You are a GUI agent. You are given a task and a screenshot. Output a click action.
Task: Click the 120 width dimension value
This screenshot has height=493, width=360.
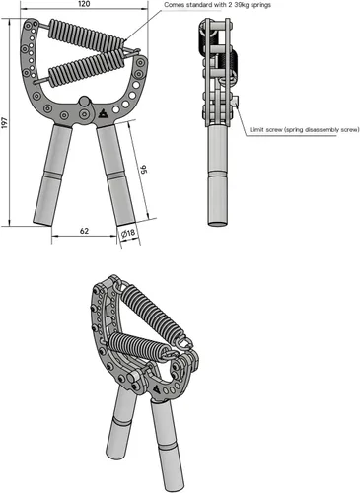click(84, 4)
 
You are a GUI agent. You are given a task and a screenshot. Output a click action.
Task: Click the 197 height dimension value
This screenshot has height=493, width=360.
click(4, 122)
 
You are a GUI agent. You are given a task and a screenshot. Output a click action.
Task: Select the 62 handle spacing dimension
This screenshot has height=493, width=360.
click(84, 231)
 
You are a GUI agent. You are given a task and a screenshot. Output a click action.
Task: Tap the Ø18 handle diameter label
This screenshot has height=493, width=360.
click(128, 233)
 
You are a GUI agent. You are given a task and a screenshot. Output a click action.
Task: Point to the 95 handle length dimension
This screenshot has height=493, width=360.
click(143, 170)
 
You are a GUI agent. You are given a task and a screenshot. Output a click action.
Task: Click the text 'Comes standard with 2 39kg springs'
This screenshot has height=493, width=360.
click(217, 5)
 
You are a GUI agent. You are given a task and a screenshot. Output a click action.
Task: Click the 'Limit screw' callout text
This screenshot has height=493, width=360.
click(304, 130)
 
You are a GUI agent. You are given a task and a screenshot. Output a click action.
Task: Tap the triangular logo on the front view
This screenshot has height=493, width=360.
click(103, 113)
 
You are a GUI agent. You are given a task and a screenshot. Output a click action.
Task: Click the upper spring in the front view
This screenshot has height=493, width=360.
click(87, 35)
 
